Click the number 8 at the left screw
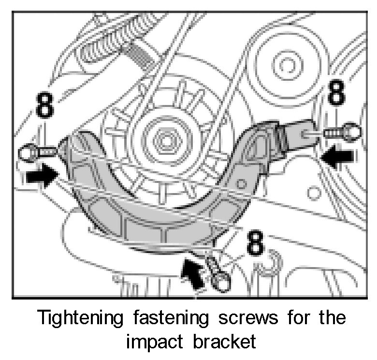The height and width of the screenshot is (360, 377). click(x=44, y=107)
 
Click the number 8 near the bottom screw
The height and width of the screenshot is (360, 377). click(x=255, y=243)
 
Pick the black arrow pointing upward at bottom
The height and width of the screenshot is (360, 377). click(x=192, y=273)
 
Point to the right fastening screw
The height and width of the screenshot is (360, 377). click(x=341, y=131)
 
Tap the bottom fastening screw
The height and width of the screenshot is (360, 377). click(x=217, y=273)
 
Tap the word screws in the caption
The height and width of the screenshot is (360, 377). click(x=250, y=319)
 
